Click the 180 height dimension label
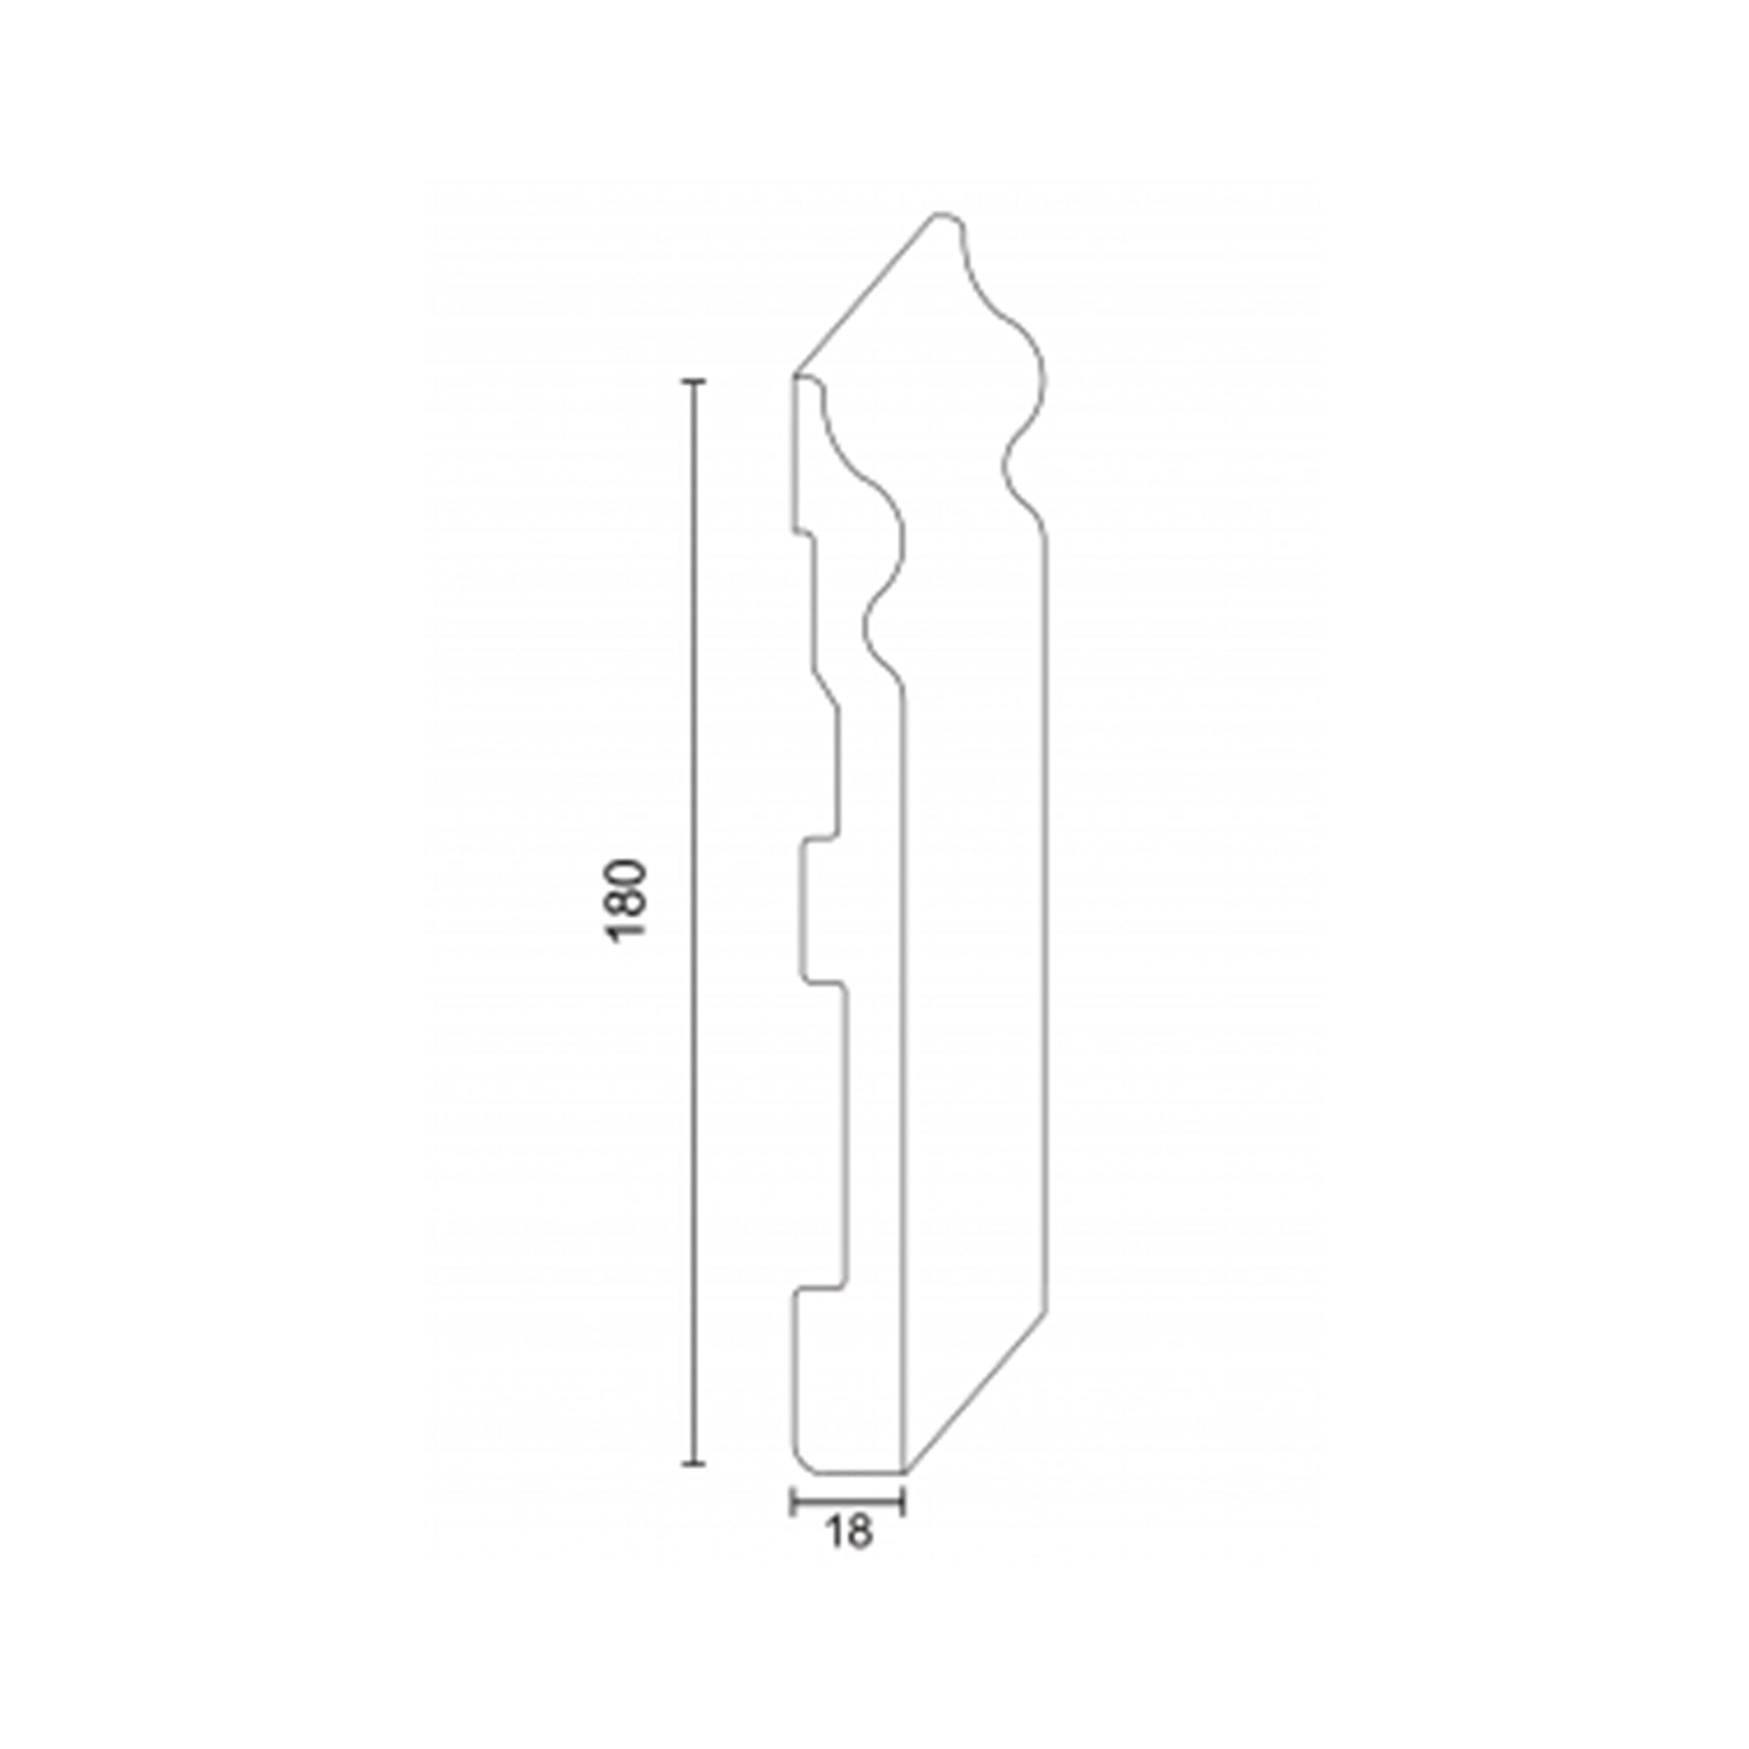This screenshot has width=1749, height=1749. click(626, 901)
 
